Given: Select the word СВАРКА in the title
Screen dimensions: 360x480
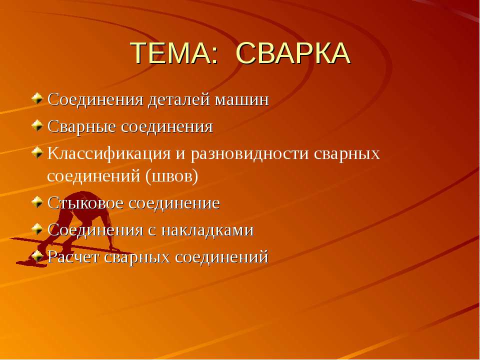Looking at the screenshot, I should (x=292, y=53).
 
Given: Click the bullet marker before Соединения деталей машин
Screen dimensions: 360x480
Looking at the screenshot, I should (x=37, y=98).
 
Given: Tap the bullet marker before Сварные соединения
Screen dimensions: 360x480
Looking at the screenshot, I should (x=37, y=125).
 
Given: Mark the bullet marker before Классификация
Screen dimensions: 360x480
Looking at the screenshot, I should (x=37, y=152).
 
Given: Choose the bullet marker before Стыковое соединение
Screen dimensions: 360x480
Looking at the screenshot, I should (x=37, y=202).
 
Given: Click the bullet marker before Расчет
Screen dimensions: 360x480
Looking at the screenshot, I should (x=37, y=256).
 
